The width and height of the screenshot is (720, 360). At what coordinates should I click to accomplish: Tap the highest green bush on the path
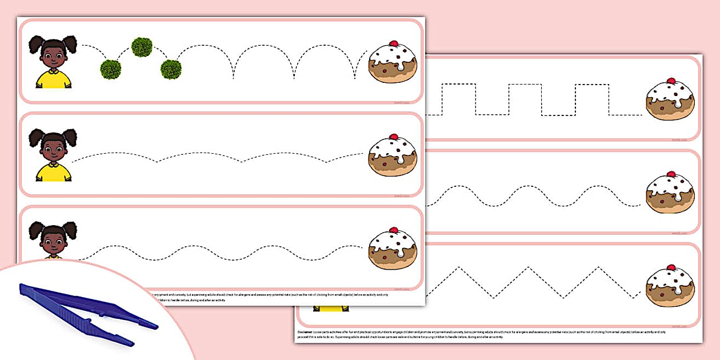tap(141, 47)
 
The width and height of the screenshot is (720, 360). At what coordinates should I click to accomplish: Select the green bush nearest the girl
tap(110, 69)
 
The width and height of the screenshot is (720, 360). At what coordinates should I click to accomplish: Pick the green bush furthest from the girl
tap(171, 69)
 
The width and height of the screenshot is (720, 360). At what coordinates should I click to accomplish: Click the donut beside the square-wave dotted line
tap(670, 100)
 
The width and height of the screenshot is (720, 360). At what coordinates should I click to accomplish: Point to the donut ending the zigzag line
tap(670, 286)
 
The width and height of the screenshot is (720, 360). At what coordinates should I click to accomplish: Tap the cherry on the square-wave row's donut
tap(671, 81)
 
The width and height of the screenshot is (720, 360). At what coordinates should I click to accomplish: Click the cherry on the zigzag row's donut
tap(671, 266)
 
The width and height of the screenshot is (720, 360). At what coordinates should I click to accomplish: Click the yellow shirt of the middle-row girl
tap(54, 172)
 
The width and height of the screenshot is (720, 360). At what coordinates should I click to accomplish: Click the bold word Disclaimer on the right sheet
tap(305, 331)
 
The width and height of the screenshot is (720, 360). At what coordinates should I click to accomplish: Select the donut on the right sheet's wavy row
tap(670, 193)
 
